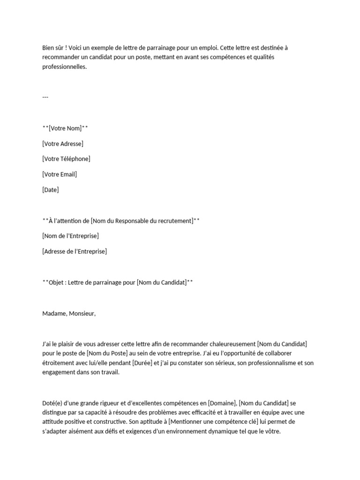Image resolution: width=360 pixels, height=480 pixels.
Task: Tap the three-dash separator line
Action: pyautogui.click(x=45, y=97)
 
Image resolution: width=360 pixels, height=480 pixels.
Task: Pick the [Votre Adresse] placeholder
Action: pyautogui.click(x=63, y=144)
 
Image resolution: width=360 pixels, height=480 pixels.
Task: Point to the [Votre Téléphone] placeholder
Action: pyautogui.click(x=66, y=159)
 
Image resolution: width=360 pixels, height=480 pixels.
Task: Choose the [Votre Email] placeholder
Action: pyautogui.click(x=60, y=174)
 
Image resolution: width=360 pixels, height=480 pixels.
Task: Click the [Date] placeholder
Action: pyautogui.click(x=51, y=190)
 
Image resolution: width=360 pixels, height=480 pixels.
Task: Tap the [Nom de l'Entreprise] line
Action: pyautogui.click(x=70, y=236)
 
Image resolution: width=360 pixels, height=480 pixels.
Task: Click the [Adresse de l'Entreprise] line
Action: pyautogui.click(x=75, y=251)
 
